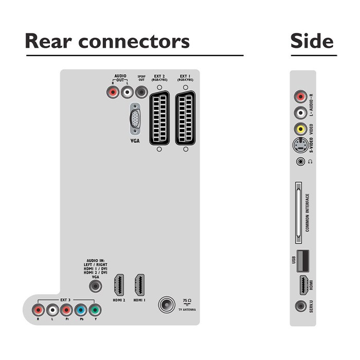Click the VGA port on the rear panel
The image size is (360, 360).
[134, 119]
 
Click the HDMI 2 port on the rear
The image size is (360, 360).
[119, 284]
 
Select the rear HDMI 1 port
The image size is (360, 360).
[139, 284]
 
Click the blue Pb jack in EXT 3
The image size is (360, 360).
[80, 310]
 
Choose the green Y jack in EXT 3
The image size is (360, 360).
[95, 310]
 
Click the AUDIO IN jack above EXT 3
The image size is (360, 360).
[95, 284]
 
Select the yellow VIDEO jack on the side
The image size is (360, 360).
[300, 129]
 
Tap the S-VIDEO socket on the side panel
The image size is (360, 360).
[300, 147]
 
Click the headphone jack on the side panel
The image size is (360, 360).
[300, 162]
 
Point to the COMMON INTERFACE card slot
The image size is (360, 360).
[297, 212]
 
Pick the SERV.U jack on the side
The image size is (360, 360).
[300, 307]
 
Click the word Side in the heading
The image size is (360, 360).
[312, 41]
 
